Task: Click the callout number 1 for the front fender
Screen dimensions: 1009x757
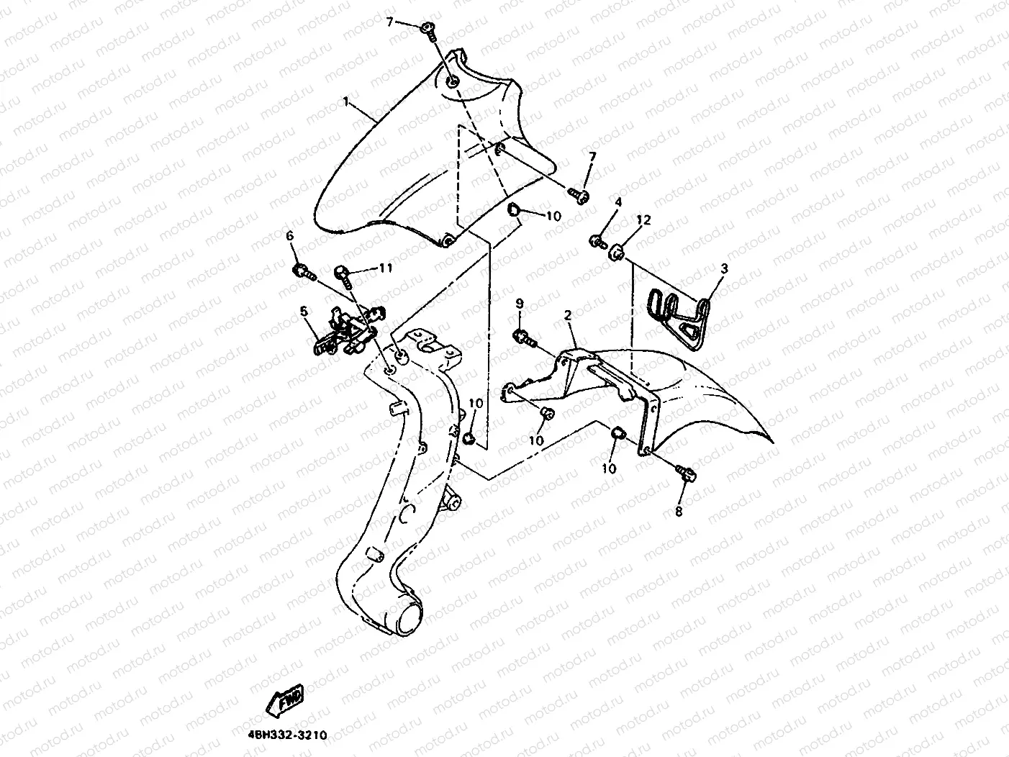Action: tap(346, 102)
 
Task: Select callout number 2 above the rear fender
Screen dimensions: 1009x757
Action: tap(568, 315)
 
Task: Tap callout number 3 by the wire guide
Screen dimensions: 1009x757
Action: tap(724, 268)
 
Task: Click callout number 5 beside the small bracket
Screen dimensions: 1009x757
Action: tap(304, 311)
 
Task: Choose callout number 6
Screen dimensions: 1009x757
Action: tap(290, 236)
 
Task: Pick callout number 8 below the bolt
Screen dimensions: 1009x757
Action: tap(678, 512)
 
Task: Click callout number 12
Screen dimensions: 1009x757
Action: tap(643, 220)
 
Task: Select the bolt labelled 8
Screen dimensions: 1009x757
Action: tap(685, 473)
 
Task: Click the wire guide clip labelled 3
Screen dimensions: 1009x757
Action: tap(680, 317)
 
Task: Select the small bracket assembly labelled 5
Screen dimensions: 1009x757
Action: tap(346, 331)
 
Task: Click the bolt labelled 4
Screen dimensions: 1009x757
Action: tap(598, 241)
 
